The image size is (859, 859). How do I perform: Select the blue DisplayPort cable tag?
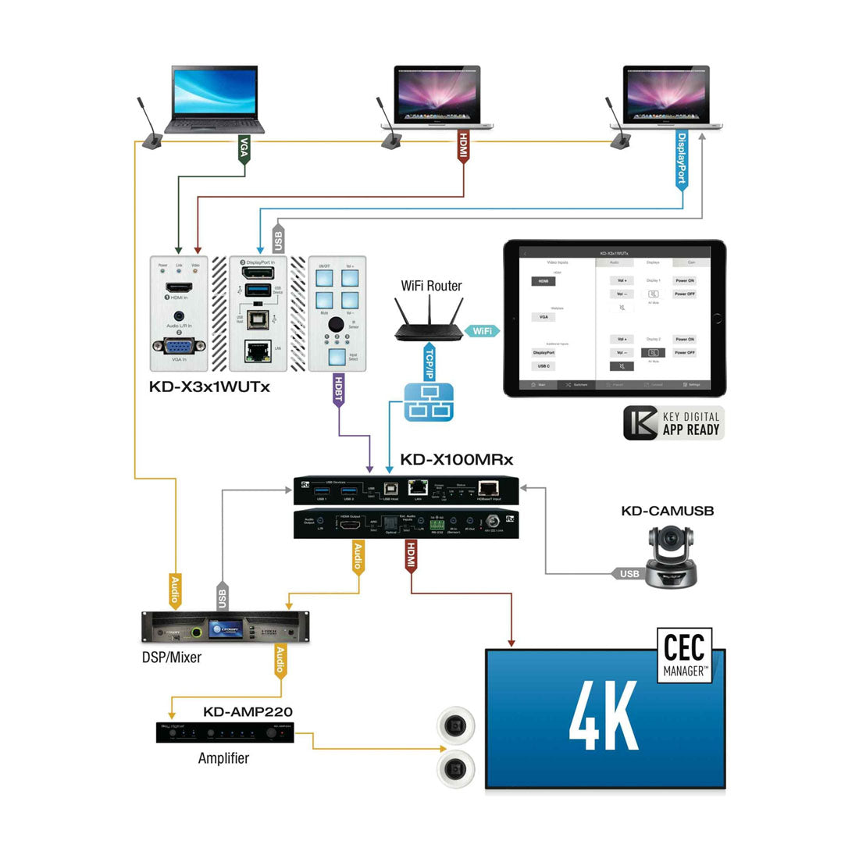(x=682, y=159)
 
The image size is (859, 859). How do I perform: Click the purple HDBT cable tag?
(x=338, y=390)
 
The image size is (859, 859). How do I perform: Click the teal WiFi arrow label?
(x=482, y=331)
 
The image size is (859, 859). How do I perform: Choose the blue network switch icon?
(x=428, y=402)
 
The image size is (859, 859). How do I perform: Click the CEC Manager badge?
(x=684, y=654)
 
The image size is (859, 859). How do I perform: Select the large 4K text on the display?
(x=604, y=716)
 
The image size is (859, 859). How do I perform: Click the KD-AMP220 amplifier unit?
(x=225, y=732)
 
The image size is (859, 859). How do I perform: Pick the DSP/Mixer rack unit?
(x=225, y=627)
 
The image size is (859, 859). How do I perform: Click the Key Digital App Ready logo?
(x=673, y=422)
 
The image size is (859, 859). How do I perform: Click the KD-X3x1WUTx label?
(x=209, y=386)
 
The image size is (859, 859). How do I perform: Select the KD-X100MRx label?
(x=457, y=459)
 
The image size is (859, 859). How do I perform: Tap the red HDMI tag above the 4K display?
(x=410, y=558)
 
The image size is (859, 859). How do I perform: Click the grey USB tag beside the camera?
(x=628, y=574)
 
